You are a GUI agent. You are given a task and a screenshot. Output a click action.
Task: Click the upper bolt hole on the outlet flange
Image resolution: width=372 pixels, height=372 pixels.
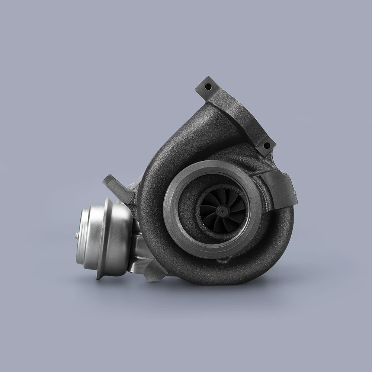[x=208, y=86]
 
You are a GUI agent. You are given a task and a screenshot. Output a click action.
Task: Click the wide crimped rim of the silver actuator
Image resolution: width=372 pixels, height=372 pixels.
[x=105, y=238]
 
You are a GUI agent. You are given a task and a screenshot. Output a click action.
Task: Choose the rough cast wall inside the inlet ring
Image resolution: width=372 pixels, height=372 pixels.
[x=193, y=193]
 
